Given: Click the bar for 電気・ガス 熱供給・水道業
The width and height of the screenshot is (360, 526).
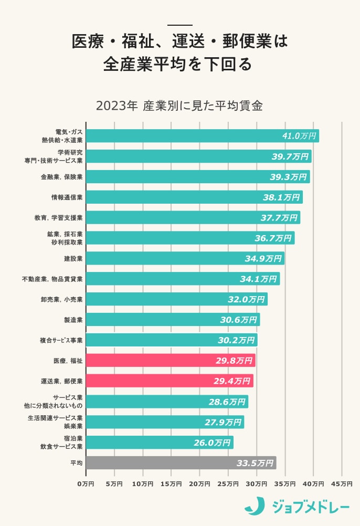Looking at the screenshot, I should (202, 136).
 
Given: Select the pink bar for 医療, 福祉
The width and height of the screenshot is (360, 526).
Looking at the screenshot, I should (171, 361).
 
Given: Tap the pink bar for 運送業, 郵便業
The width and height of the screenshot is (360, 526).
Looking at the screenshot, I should (170, 381).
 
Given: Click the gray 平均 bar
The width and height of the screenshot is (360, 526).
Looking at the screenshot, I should (181, 463).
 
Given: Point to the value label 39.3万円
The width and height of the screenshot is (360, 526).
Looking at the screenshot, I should (288, 177).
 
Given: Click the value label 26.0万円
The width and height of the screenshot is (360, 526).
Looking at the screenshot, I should (212, 443).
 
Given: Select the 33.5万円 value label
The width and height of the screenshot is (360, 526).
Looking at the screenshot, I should (255, 463).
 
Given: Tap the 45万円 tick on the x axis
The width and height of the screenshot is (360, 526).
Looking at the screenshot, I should (342, 483).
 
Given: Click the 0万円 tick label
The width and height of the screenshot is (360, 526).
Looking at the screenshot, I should (86, 483).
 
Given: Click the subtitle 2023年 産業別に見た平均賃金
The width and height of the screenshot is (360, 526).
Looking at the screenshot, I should (179, 105).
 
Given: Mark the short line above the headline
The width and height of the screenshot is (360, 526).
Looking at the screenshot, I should (179, 25).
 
